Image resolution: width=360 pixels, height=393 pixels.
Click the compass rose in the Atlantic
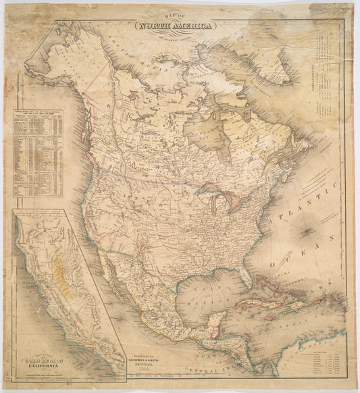[x=306, y=232]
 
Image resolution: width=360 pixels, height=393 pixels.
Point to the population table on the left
[x=38, y=153]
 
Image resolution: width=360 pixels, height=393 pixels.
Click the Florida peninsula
[x=245, y=273]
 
